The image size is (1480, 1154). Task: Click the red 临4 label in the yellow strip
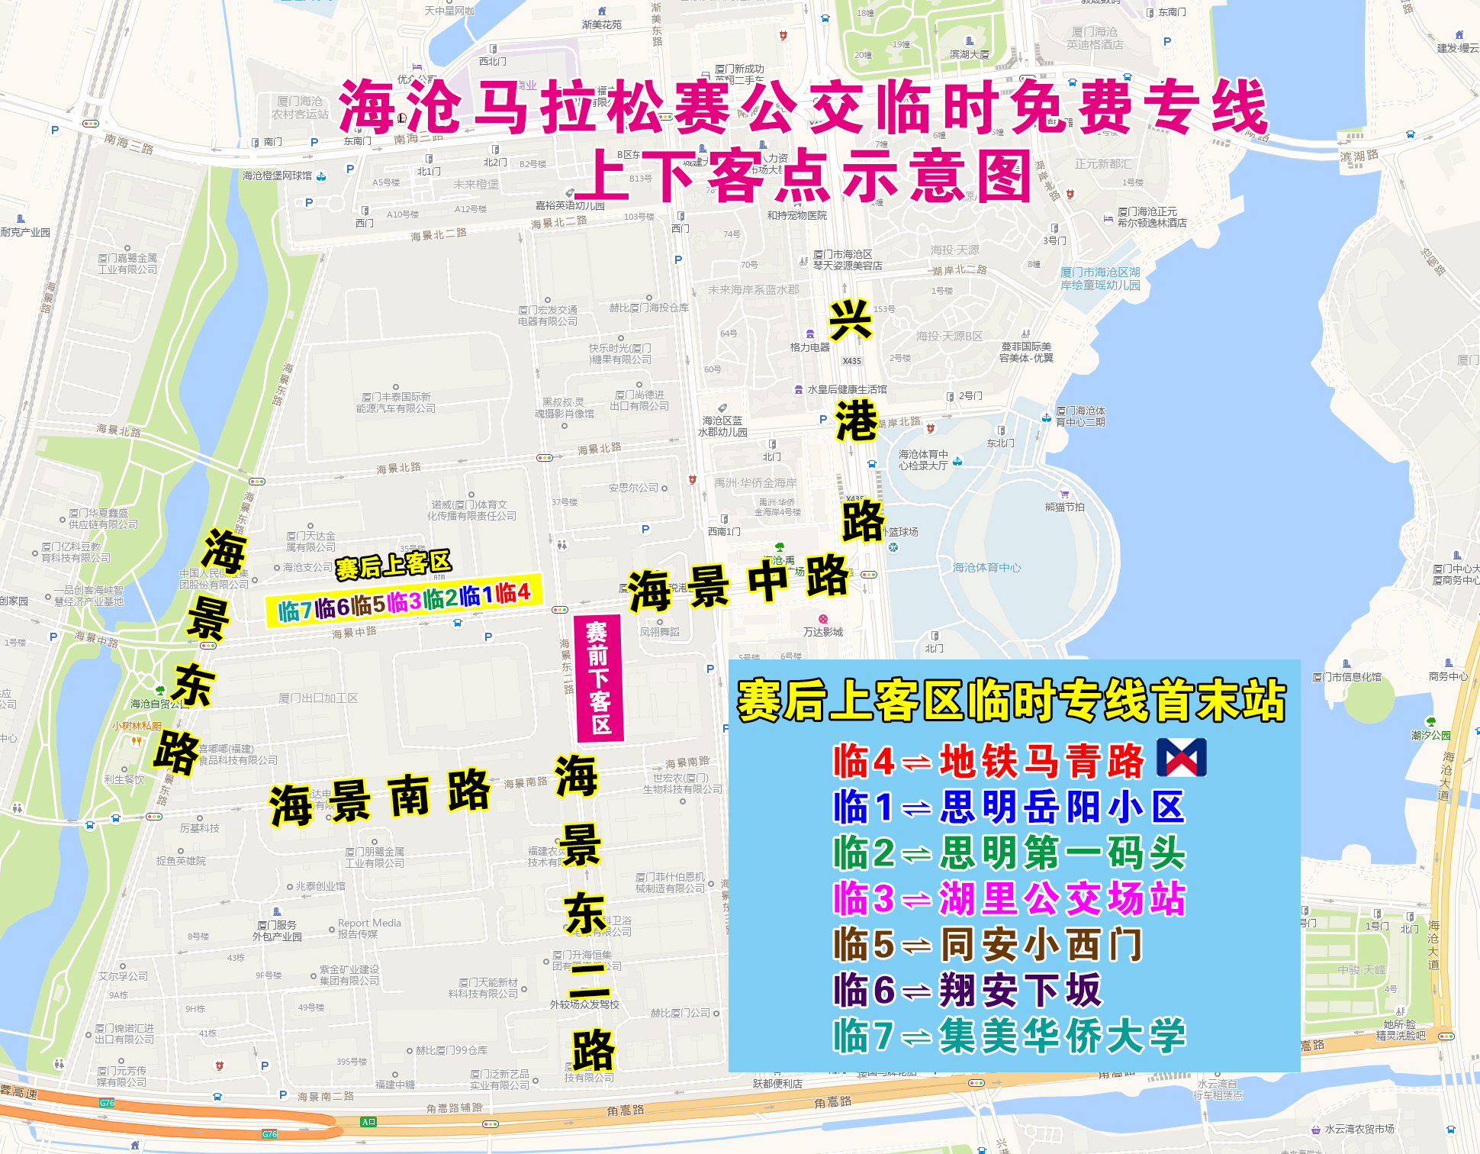click(x=513, y=593)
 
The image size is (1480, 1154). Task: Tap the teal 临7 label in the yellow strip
click(x=295, y=610)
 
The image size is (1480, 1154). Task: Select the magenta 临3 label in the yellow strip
click(x=404, y=601)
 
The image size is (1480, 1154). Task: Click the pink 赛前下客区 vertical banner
click(x=599, y=679)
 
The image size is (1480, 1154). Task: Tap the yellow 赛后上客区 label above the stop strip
click(x=394, y=566)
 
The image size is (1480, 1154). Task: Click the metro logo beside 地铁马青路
click(x=1182, y=758)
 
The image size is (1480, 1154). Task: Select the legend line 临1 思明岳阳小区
click(x=1009, y=807)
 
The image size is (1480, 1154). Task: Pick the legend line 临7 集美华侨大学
click(x=1009, y=1036)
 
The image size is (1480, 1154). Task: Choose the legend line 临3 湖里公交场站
click(x=1009, y=898)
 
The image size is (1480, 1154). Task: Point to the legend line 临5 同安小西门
click(x=988, y=944)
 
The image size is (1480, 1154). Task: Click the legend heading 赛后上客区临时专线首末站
click(x=1012, y=701)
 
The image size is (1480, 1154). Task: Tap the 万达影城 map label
click(x=823, y=632)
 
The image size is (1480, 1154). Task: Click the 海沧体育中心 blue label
click(x=986, y=568)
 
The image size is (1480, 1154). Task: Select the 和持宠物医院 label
click(x=797, y=215)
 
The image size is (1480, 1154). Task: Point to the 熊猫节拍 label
click(x=1065, y=507)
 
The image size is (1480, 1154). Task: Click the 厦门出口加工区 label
click(x=318, y=698)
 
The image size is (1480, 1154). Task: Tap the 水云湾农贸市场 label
click(x=1359, y=1129)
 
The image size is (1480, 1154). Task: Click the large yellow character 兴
click(x=851, y=321)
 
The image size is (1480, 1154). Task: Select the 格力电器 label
click(x=810, y=347)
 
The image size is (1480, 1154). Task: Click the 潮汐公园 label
click(x=1431, y=735)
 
